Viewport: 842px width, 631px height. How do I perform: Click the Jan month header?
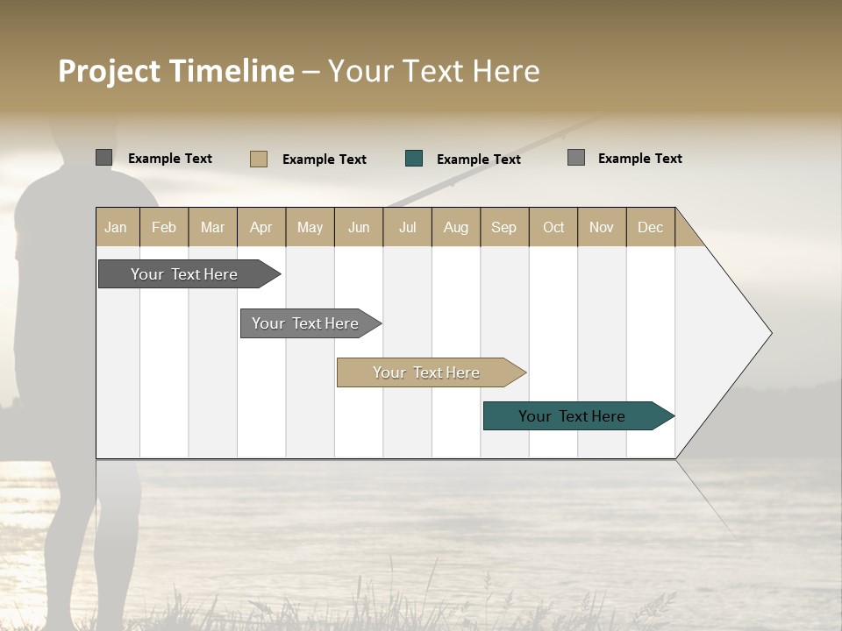[117, 227]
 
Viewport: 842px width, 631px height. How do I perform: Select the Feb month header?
[164, 227]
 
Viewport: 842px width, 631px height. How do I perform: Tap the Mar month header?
[212, 227]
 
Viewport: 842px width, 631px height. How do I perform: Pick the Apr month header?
[261, 227]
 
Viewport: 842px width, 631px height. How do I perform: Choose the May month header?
[310, 227]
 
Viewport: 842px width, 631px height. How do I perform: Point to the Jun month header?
[359, 227]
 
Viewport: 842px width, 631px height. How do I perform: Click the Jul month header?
[407, 227]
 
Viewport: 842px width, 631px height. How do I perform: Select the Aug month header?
[456, 227]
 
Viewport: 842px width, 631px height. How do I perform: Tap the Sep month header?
[504, 227]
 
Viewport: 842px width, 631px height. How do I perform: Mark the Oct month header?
[553, 227]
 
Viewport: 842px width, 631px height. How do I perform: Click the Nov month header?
[602, 227]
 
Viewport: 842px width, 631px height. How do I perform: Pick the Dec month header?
[651, 227]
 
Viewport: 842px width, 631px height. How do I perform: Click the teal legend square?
[414, 159]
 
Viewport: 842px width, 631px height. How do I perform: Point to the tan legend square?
[259, 159]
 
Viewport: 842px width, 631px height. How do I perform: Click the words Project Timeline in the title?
[176, 71]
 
